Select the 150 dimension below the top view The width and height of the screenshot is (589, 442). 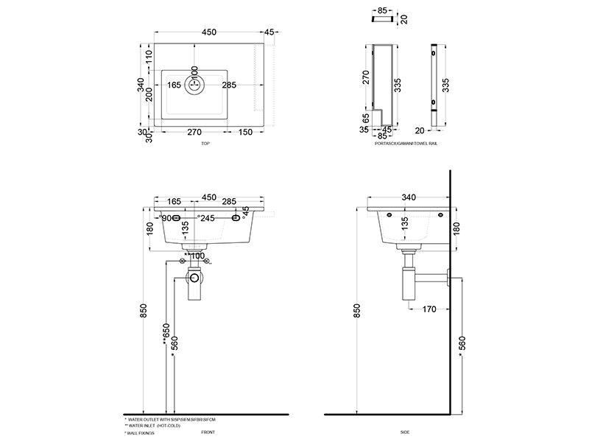click(x=245, y=133)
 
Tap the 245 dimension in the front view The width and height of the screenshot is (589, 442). click(x=207, y=218)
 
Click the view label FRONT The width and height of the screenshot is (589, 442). click(x=208, y=433)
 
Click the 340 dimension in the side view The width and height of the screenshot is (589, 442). click(x=409, y=197)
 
